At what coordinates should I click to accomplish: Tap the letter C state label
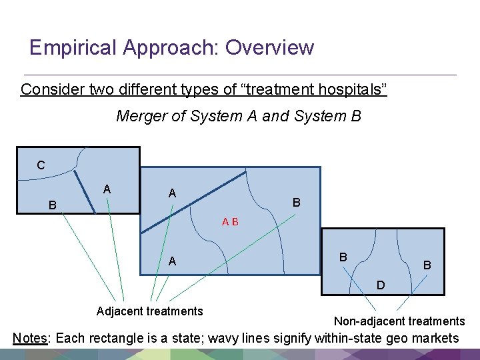[41, 165]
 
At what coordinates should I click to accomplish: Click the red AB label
[231, 222]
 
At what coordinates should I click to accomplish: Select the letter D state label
[380, 285]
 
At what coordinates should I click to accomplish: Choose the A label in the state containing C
[107, 190]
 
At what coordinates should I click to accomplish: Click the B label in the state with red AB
[297, 202]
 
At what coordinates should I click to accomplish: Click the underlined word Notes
[30, 338]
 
